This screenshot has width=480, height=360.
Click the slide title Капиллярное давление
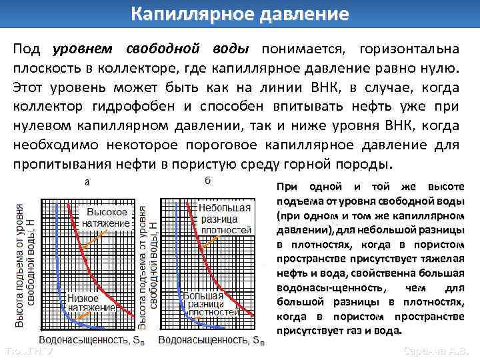tap(239, 14)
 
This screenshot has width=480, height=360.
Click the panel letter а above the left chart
tap(87, 181)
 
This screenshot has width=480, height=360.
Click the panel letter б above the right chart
tap(208, 180)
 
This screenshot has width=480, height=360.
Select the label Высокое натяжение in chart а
tap(107, 217)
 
